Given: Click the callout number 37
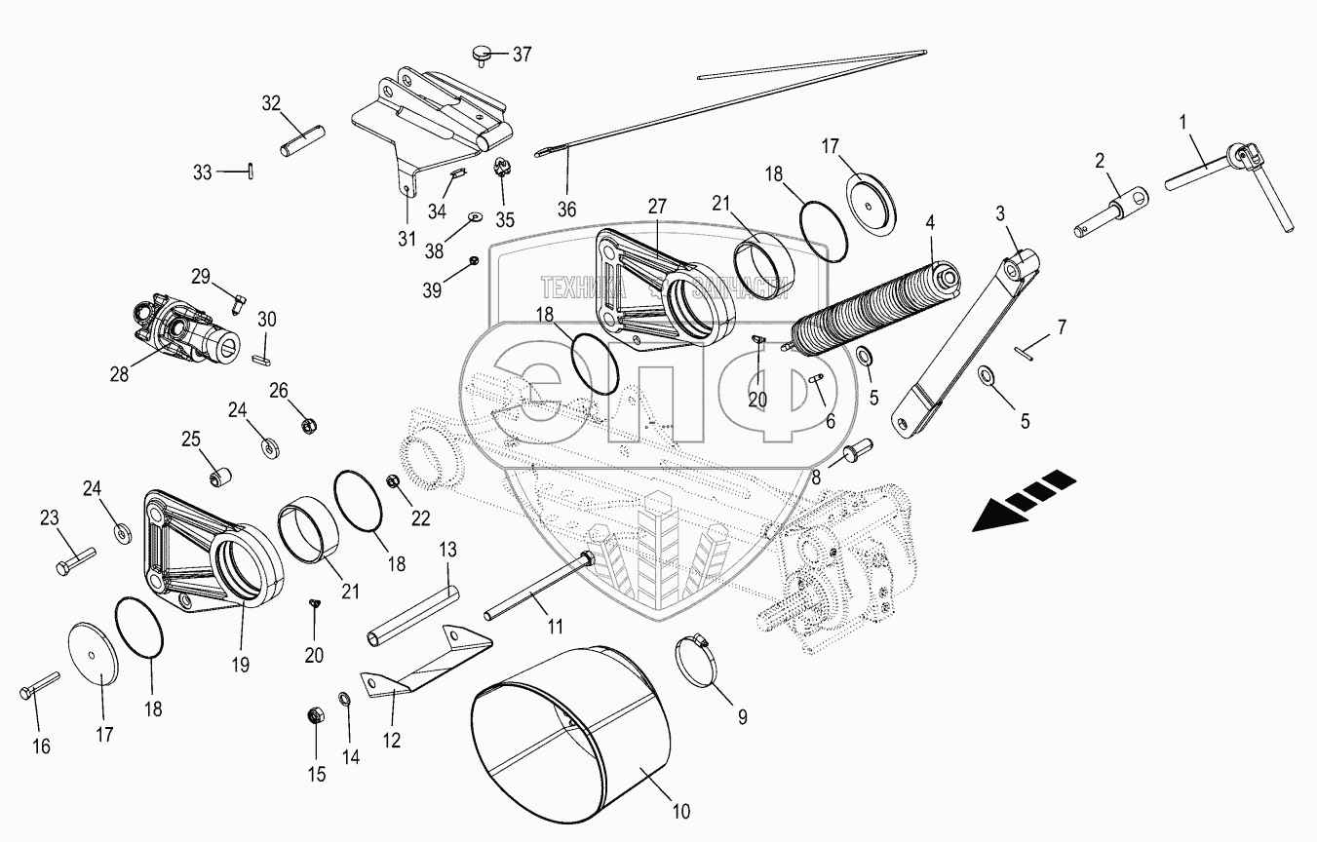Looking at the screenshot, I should click(x=523, y=54).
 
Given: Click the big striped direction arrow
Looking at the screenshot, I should click(x=1023, y=499).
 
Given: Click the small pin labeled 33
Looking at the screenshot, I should click(x=251, y=171).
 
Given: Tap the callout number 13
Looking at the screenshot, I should click(x=447, y=551).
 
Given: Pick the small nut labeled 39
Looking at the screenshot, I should click(x=472, y=260).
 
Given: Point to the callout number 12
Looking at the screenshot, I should click(x=391, y=741).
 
